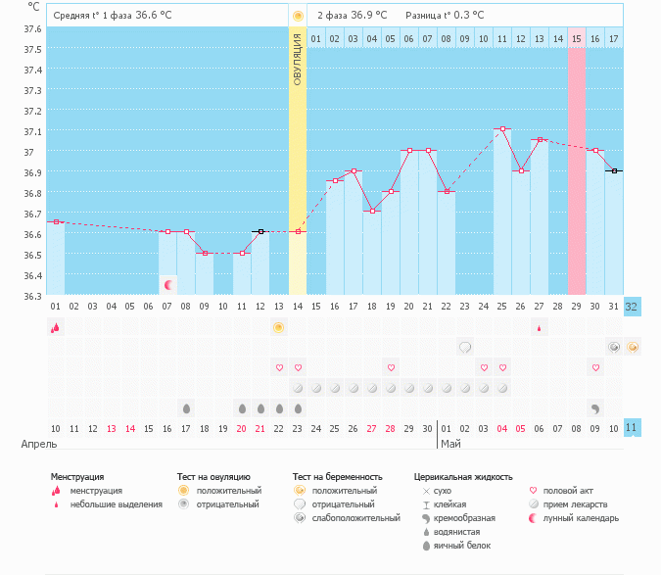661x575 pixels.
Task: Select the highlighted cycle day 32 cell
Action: pos(632,306)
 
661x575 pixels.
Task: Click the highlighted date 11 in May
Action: pos(632,428)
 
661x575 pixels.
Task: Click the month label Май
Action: pos(450,444)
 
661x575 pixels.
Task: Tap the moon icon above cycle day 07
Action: pos(168,285)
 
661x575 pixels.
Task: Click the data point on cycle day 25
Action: pos(502,128)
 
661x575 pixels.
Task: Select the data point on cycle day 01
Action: pos(56,222)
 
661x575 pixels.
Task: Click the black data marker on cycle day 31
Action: pos(614,170)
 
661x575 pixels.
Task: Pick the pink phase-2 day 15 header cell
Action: pos(577,38)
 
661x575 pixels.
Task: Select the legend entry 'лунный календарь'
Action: pos(582,518)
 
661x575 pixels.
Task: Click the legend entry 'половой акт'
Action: pos(568,491)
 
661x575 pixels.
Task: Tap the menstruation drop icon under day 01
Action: pos(56,327)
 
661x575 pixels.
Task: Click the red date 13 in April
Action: pos(112,428)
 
